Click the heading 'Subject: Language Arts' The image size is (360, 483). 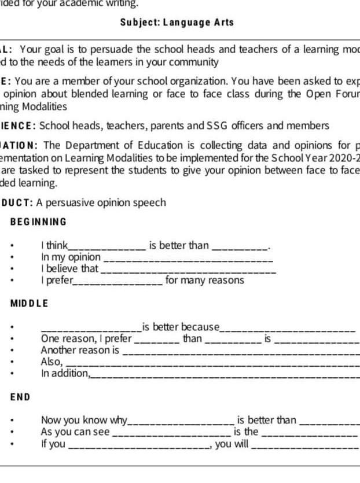click(177, 23)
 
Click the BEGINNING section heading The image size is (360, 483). click(39, 222)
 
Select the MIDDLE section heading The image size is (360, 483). click(30, 303)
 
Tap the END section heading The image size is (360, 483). click(20, 397)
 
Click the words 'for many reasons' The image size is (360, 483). click(205, 281)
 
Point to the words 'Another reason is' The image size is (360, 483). click(80, 350)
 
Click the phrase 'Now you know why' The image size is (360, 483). click(84, 420)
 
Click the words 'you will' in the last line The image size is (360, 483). click(232, 444)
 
